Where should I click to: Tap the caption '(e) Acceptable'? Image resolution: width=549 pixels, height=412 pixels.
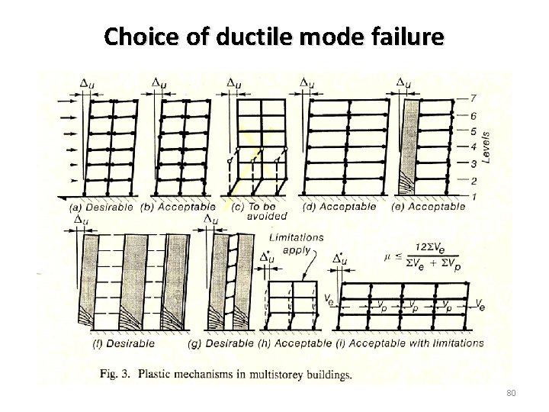(428, 206)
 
